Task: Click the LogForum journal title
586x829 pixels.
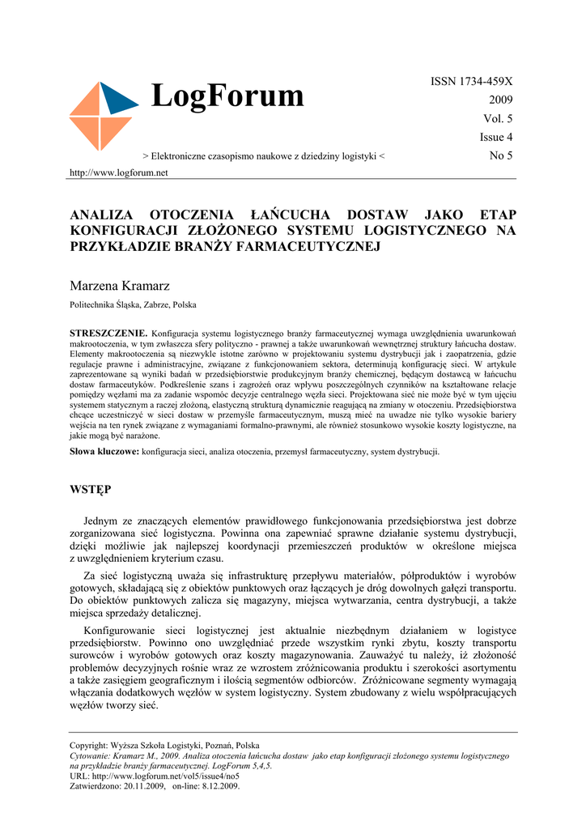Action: pos(227,96)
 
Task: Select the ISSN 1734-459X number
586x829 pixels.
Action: pos(473,82)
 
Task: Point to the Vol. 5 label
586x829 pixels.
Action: pos(498,119)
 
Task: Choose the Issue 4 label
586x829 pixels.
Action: pos(496,137)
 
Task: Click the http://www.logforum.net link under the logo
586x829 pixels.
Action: pos(119,172)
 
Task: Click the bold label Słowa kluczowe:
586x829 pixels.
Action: pos(104,451)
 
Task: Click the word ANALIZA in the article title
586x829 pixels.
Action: pos(102,215)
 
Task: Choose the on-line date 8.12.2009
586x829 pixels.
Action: pos(219,785)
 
